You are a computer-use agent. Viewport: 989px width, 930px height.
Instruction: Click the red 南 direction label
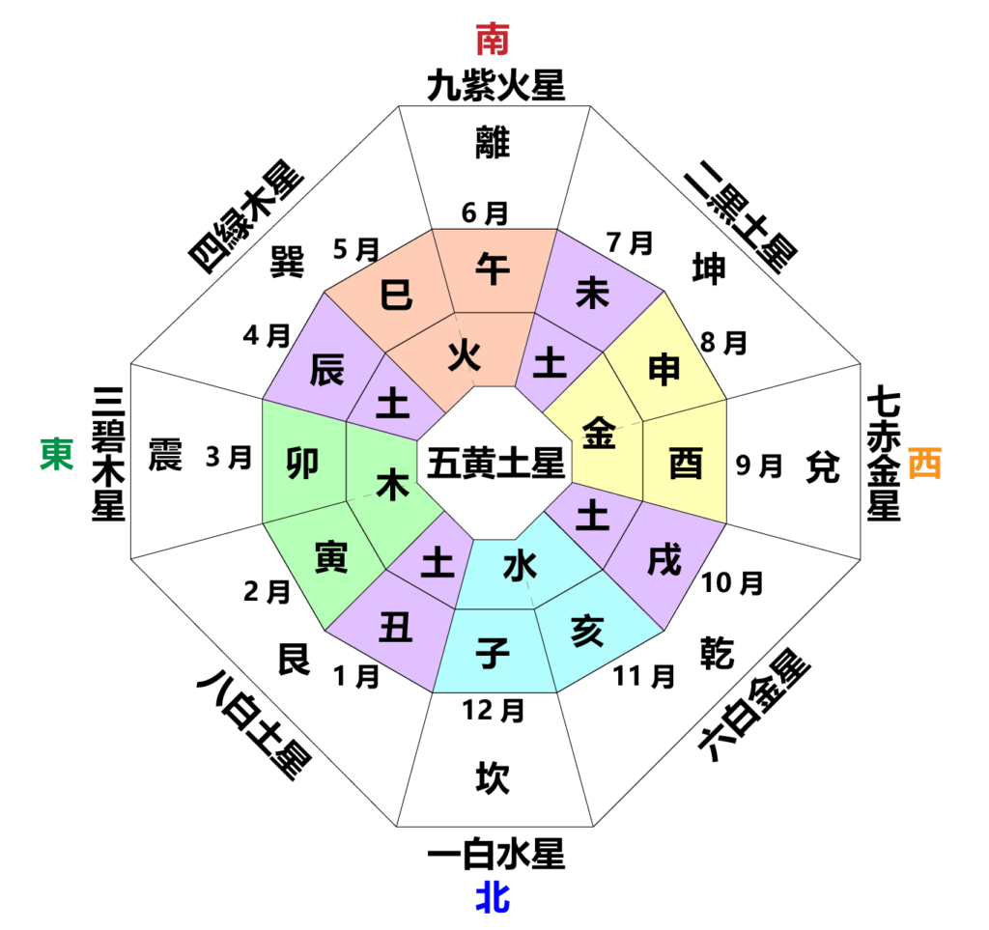click(x=493, y=40)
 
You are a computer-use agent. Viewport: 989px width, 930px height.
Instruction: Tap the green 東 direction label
click(x=57, y=454)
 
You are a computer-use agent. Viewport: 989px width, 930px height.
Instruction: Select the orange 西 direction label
click(x=924, y=464)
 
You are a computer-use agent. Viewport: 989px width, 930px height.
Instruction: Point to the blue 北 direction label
click(x=493, y=897)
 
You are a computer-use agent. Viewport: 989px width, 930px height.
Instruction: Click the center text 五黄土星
click(x=495, y=464)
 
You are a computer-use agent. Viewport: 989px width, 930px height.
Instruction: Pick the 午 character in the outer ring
click(x=493, y=269)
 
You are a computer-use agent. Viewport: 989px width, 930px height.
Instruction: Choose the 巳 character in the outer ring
click(x=396, y=294)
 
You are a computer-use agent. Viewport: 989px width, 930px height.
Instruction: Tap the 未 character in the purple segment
click(x=592, y=293)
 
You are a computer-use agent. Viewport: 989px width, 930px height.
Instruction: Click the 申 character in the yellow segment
click(x=664, y=369)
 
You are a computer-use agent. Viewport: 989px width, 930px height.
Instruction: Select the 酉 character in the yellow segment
click(x=686, y=464)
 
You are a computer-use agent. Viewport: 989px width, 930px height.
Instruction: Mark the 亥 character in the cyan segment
click(x=587, y=633)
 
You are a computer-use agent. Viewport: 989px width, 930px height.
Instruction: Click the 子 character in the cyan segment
click(x=493, y=654)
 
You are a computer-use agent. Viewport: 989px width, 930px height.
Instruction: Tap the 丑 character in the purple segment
click(x=396, y=629)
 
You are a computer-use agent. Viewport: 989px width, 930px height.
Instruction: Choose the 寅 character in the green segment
click(x=331, y=557)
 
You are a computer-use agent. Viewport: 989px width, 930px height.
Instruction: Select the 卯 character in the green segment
click(x=303, y=464)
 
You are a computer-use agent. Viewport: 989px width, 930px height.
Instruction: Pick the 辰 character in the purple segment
click(x=327, y=369)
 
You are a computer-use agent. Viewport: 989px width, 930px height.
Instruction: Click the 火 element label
click(x=465, y=356)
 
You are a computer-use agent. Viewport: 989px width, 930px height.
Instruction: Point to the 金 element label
click(x=599, y=433)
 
